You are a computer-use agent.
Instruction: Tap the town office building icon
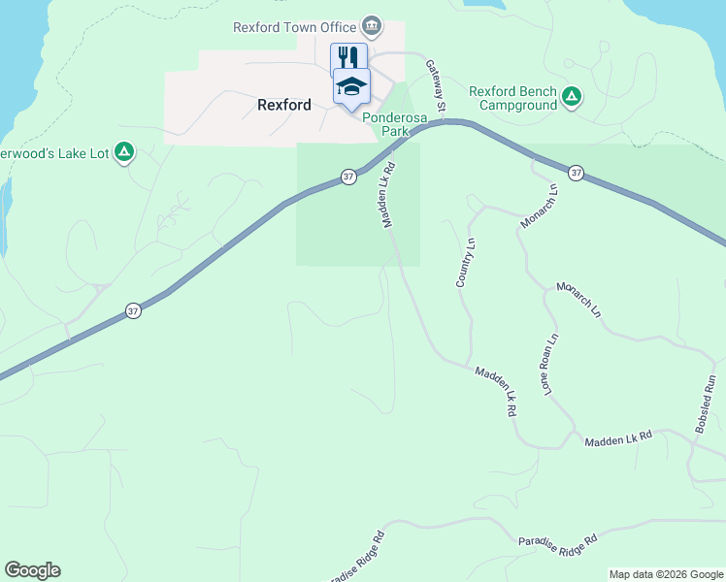[371, 25]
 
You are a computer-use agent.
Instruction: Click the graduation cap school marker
[351, 86]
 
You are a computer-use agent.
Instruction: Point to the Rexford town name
[284, 105]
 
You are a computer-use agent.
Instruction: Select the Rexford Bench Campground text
[513, 98]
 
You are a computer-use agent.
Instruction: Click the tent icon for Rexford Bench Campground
[573, 96]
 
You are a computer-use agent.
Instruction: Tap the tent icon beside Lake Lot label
[123, 151]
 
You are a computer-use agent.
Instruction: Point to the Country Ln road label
[465, 262]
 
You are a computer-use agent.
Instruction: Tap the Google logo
[32, 570]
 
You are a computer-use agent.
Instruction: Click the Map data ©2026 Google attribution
[666, 574]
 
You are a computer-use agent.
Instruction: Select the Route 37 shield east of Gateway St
[577, 173]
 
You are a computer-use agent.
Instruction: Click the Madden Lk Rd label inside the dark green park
[390, 200]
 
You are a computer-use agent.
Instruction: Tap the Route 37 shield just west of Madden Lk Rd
[348, 177]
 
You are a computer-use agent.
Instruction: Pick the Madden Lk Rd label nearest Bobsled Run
[617, 439]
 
